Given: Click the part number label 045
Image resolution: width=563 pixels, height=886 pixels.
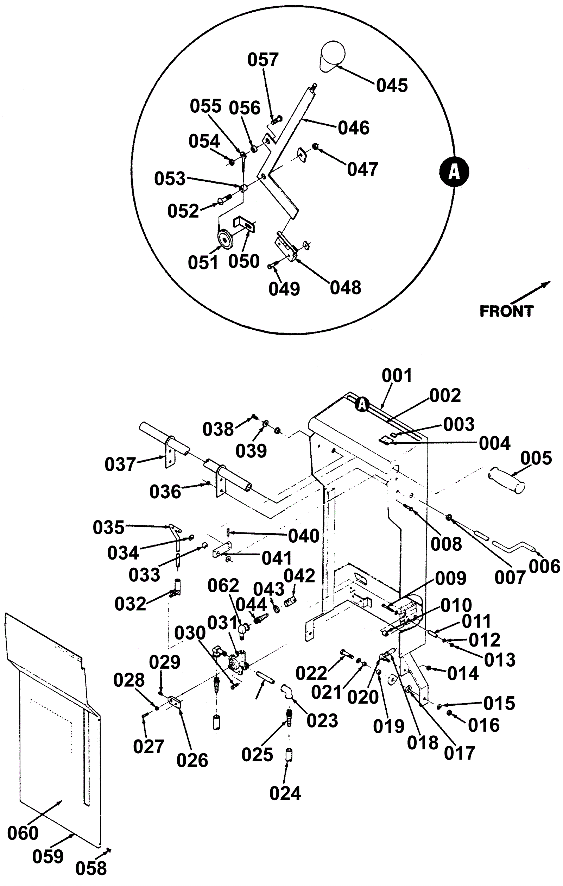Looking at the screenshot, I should click(x=392, y=85).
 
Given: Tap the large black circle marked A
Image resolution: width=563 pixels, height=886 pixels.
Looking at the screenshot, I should click(x=454, y=172).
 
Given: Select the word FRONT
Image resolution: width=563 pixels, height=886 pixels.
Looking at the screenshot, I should click(x=506, y=311).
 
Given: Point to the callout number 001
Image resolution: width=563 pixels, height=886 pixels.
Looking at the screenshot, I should click(x=397, y=376).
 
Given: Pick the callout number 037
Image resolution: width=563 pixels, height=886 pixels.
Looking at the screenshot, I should click(x=120, y=464).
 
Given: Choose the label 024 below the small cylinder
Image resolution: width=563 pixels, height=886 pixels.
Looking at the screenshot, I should click(x=285, y=793).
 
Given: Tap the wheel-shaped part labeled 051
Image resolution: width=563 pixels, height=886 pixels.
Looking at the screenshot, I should click(x=225, y=240).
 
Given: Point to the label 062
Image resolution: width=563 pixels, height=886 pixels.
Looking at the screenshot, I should click(x=223, y=585).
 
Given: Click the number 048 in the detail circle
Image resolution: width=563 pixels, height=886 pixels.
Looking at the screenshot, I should click(x=345, y=287).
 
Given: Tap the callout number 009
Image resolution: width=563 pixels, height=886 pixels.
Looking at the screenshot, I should click(x=450, y=579).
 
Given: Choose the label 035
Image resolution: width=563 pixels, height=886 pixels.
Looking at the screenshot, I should click(x=108, y=527).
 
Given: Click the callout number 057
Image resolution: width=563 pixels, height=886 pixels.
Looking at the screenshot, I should click(x=263, y=60).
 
